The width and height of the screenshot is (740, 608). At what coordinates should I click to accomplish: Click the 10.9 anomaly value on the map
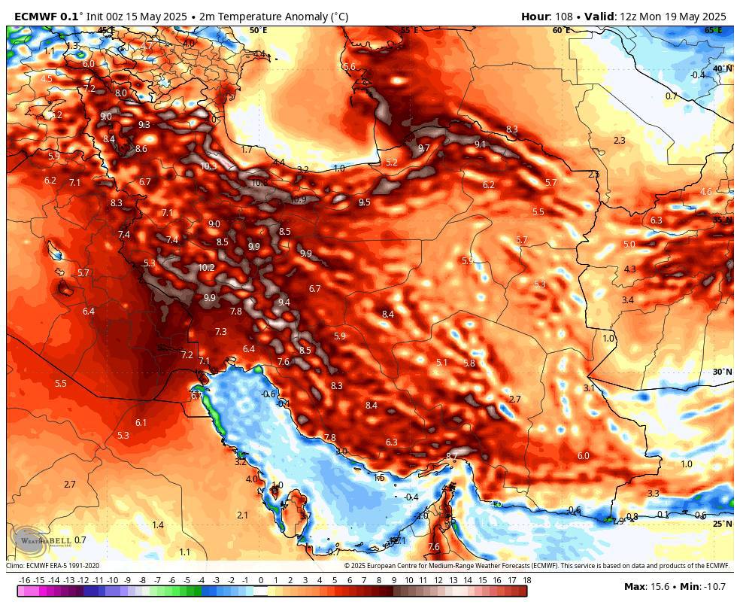coord(298,199)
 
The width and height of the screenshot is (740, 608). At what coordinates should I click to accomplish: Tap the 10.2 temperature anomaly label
coord(206,267)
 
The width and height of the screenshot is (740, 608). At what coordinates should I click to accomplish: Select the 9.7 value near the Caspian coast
coord(423,148)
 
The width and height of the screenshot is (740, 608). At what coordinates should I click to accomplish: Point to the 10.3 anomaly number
coord(208,166)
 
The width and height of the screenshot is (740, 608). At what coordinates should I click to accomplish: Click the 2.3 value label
coord(619,141)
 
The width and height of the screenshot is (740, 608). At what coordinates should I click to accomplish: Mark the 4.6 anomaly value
coord(705,192)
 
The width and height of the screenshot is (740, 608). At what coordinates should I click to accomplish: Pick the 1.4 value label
coord(158,524)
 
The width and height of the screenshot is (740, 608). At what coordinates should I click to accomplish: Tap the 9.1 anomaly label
coord(480,144)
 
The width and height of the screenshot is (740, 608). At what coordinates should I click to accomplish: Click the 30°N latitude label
coord(722,372)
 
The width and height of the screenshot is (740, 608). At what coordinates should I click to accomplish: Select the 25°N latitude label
coord(722,524)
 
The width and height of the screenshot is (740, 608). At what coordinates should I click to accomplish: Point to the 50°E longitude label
coord(258,30)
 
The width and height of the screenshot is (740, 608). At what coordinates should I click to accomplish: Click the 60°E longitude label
coord(561,30)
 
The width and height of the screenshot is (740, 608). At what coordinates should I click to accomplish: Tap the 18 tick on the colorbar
coord(526,580)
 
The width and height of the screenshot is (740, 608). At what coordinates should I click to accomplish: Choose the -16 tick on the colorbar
coord(24,580)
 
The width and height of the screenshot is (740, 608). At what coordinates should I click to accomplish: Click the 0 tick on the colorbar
coord(260,580)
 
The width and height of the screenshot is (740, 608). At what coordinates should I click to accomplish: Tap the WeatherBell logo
coord(34,540)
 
